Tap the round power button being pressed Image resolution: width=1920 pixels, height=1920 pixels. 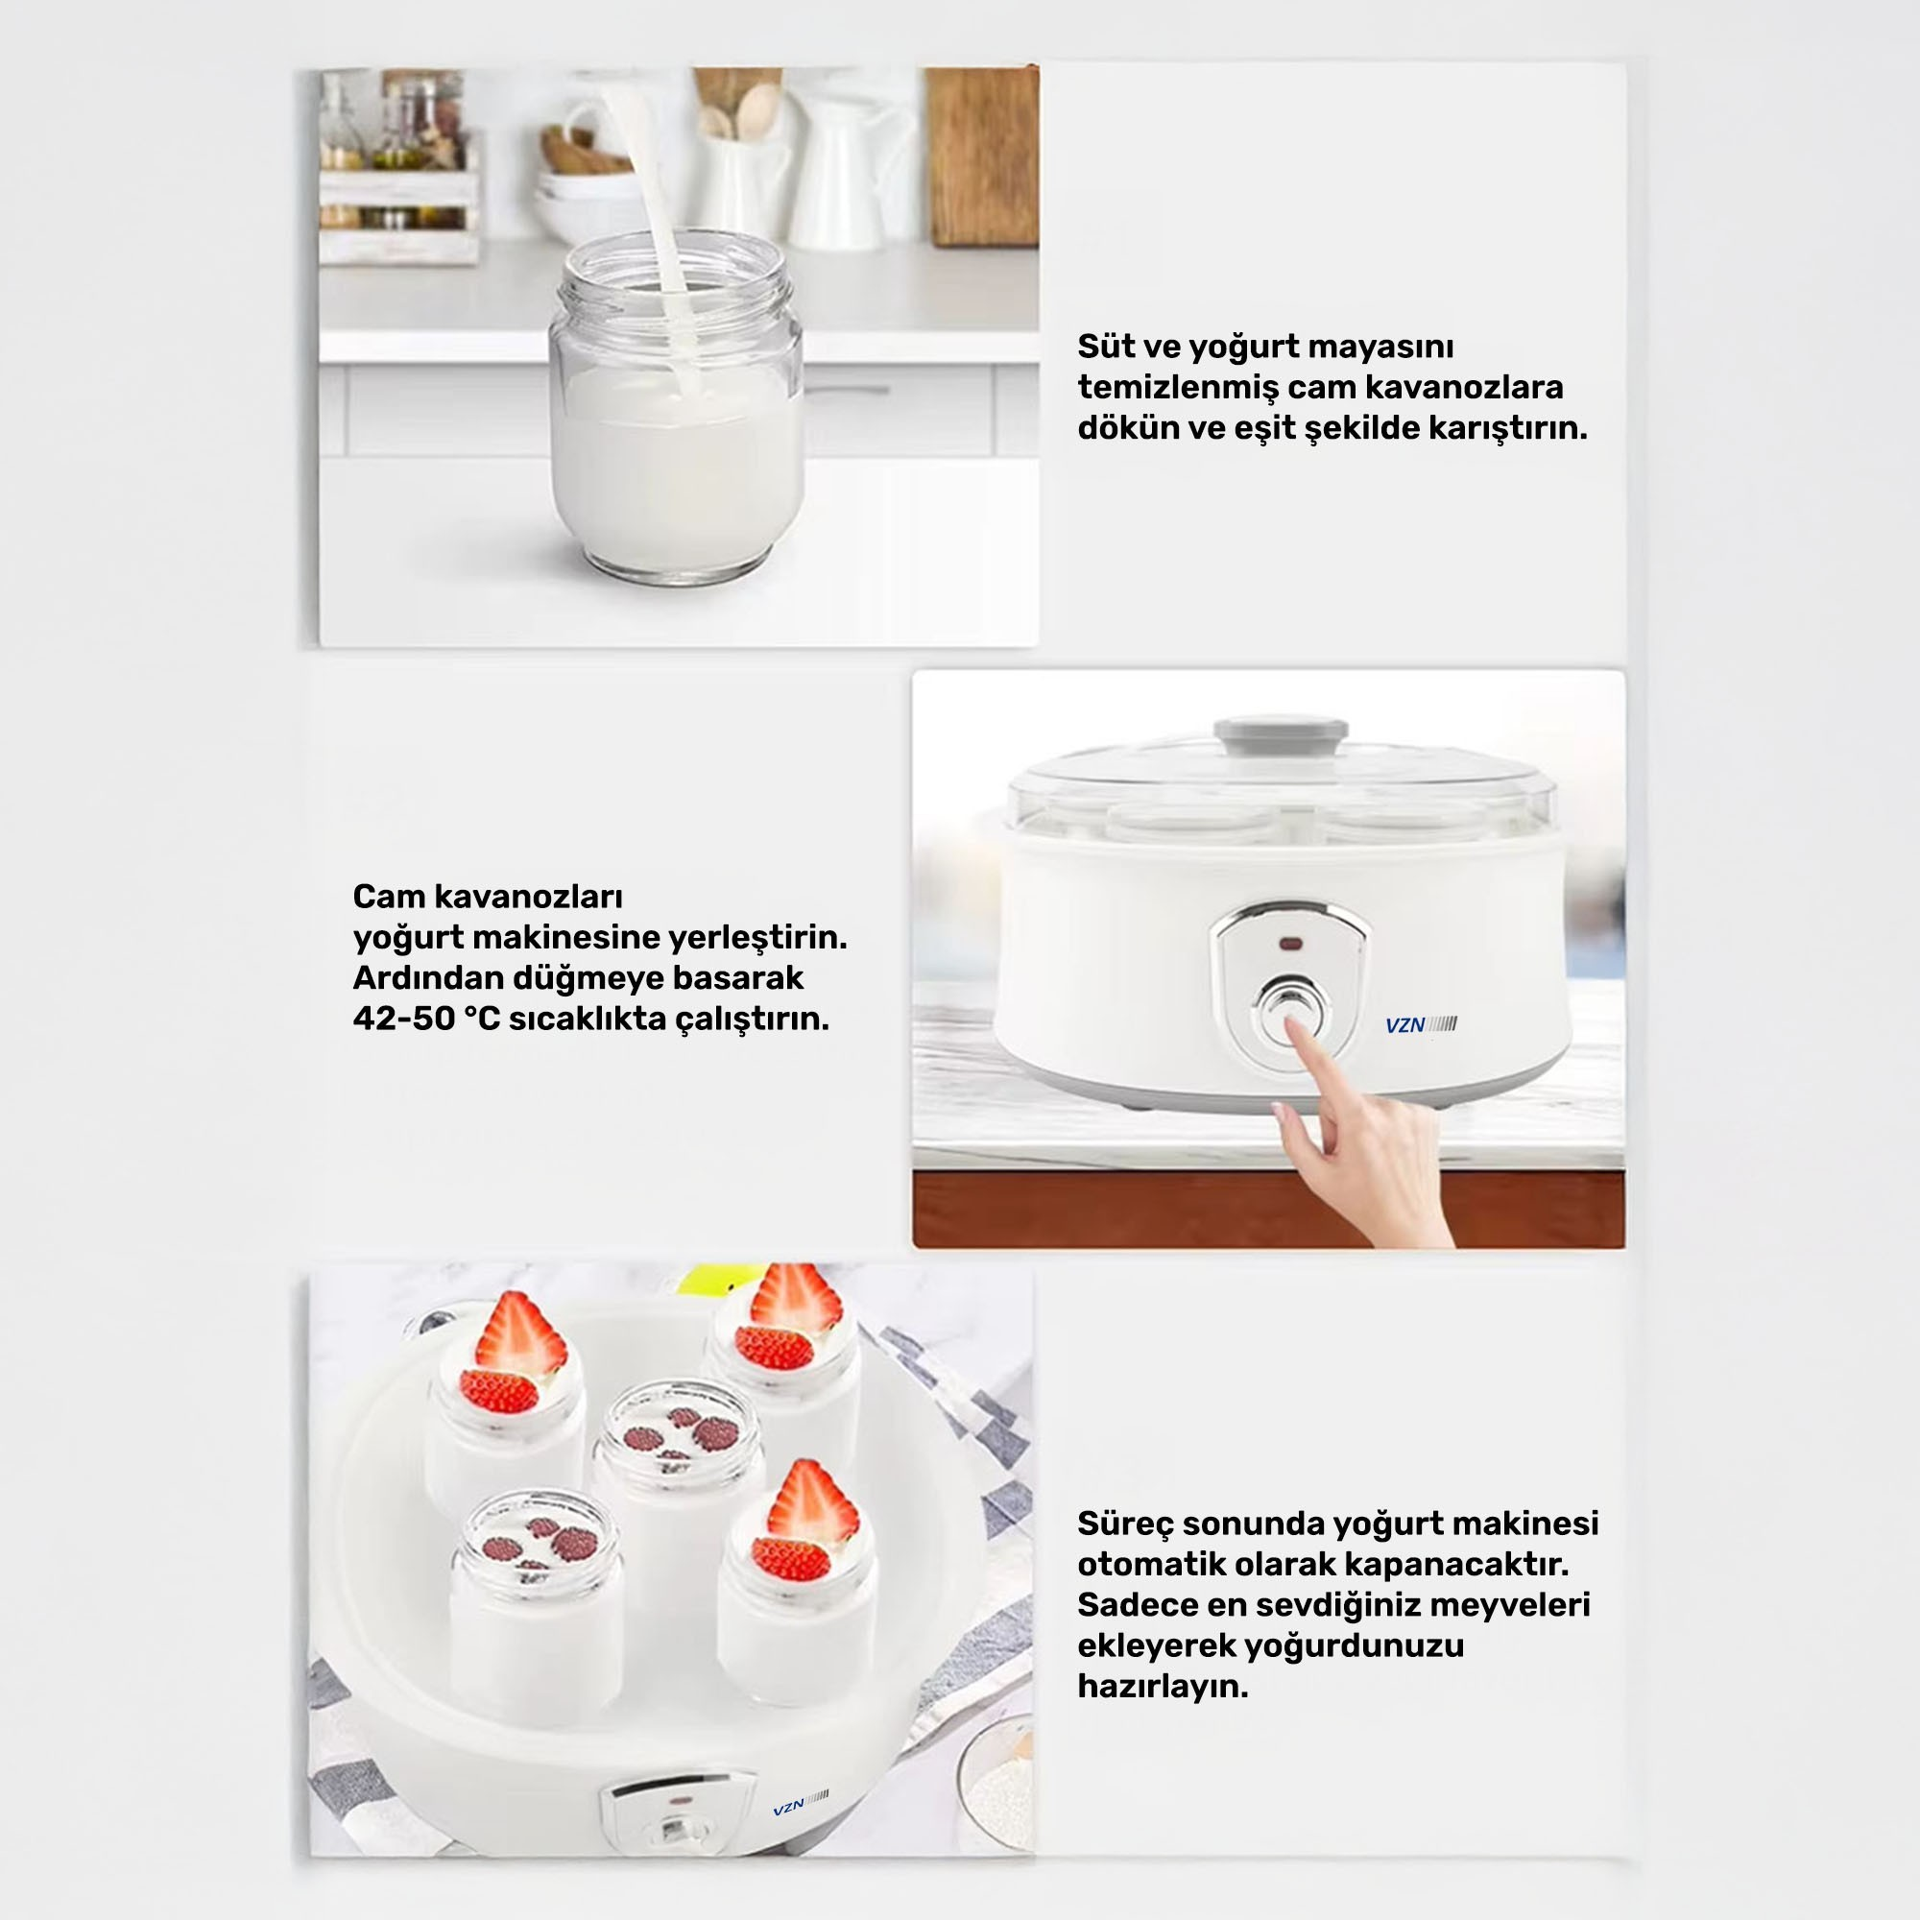[1291, 1013]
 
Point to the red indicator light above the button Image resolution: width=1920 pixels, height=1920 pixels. [1291, 943]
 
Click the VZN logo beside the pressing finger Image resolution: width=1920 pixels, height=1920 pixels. [1420, 1024]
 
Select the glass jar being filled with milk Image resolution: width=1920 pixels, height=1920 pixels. [678, 407]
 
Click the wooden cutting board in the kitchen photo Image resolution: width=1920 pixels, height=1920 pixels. [982, 157]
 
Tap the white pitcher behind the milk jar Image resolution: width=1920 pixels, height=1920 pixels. [852, 172]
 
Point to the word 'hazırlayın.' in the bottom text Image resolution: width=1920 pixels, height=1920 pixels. [1162, 1687]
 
